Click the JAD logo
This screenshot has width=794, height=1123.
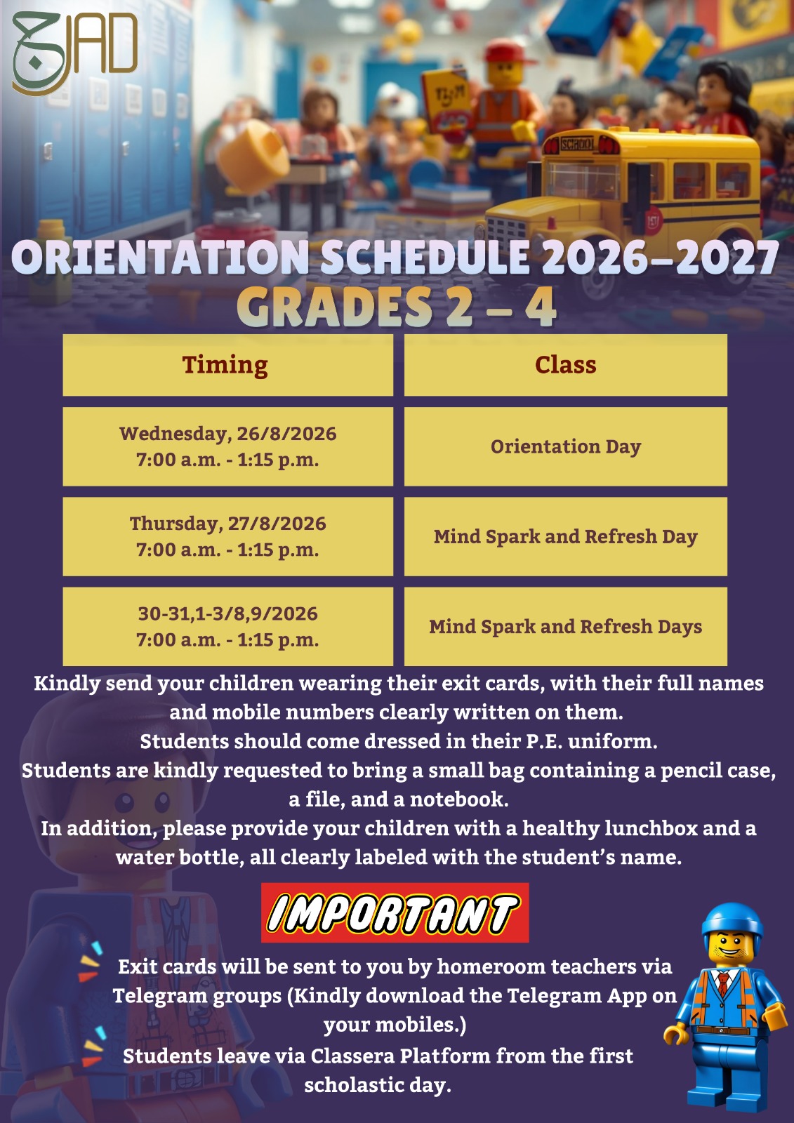tap(75, 53)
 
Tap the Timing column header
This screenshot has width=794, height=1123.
tap(227, 365)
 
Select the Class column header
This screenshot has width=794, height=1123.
tap(565, 365)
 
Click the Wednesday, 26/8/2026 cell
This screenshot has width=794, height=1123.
tap(227, 446)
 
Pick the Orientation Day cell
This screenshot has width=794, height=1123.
tap(565, 446)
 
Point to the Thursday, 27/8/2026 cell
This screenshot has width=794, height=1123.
tap(227, 536)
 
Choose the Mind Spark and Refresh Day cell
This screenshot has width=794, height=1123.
tap(565, 536)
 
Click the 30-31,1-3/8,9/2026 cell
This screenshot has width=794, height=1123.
tap(227, 626)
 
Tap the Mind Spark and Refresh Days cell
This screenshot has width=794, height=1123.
tap(565, 626)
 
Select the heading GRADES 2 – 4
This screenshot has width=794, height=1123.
tap(396, 307)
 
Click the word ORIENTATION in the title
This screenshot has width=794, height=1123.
tap(160, 257)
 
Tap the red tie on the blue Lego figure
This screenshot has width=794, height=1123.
tap(722, 984)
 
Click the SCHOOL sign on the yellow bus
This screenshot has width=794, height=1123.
tap(577, 145)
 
